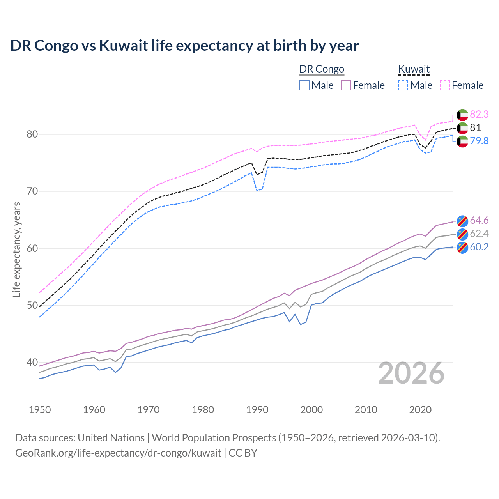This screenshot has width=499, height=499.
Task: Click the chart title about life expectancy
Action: (x=184, y=46)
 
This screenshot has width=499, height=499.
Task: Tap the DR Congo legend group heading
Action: (x=322, y=69)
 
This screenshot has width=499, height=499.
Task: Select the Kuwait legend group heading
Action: (x=414, y=69)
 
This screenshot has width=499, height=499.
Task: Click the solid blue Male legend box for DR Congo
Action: (x=304, y=85)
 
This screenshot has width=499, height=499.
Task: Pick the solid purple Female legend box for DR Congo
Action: (x=346, y=85)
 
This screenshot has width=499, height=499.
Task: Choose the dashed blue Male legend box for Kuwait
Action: (x=403, y=85)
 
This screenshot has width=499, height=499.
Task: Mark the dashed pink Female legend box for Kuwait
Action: (x=445, y=85)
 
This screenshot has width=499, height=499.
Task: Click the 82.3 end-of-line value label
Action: (x=479, y=114)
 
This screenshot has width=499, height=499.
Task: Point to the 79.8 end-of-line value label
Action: (x=479, y=141)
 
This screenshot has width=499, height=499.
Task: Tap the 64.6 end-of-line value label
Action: (x=479, y=221)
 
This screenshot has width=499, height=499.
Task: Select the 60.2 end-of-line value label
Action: (x=479, y=247)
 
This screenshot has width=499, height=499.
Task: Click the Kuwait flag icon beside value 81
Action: (x=462, y=128)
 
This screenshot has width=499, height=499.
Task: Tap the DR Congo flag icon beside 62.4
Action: (x=462, y=234)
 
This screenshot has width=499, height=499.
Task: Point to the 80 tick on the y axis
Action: (x=32, y=134)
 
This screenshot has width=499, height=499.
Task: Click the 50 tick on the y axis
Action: (x=32, y=306)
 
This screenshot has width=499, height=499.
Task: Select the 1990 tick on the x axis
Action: (x=257, y=410)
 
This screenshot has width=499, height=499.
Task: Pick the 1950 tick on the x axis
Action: (x=40, y=410)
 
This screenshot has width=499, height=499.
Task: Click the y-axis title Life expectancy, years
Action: (x=16, y=249)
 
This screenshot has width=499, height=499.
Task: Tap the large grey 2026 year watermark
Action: (x=411, y=373)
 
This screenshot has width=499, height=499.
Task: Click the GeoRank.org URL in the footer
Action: (x=118, y=453)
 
